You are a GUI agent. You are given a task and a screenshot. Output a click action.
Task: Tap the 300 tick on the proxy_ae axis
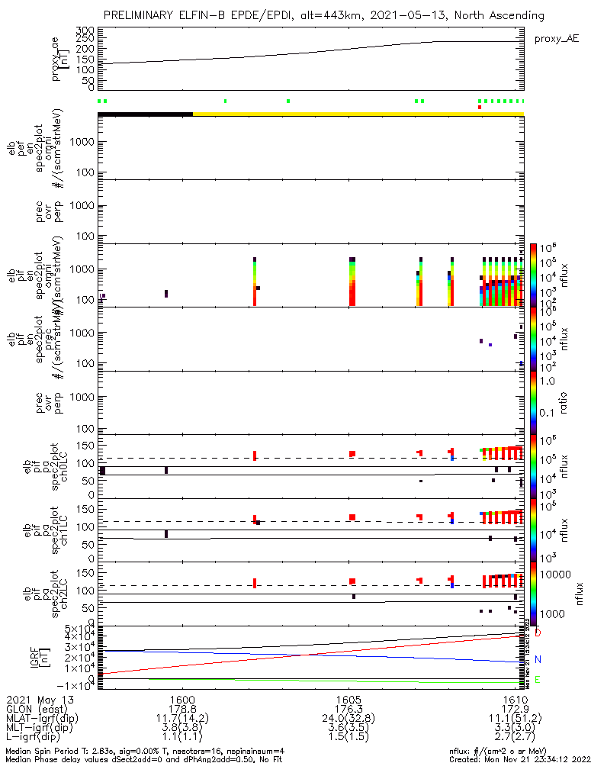(87, 30)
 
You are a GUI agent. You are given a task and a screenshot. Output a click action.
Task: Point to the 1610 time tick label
(516, 699)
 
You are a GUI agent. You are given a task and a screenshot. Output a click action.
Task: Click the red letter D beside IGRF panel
(538, 633)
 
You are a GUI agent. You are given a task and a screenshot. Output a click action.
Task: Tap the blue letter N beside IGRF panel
(538, 659)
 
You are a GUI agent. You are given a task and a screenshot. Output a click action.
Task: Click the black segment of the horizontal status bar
(145, 114)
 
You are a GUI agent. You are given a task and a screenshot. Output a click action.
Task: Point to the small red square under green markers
(480, 108)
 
